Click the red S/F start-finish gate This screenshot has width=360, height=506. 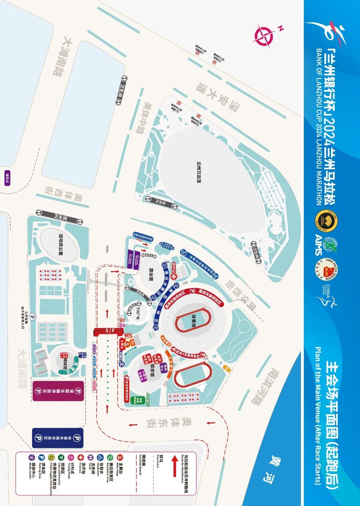(x=108, y=331)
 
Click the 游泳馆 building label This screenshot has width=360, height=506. (x=152, y=274)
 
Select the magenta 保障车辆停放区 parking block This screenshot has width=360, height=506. (x=58, y=391)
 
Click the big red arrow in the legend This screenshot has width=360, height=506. (x=174, y=466)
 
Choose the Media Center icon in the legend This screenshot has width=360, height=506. (x=32, y=457)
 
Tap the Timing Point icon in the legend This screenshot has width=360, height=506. (x=71, y=457)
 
